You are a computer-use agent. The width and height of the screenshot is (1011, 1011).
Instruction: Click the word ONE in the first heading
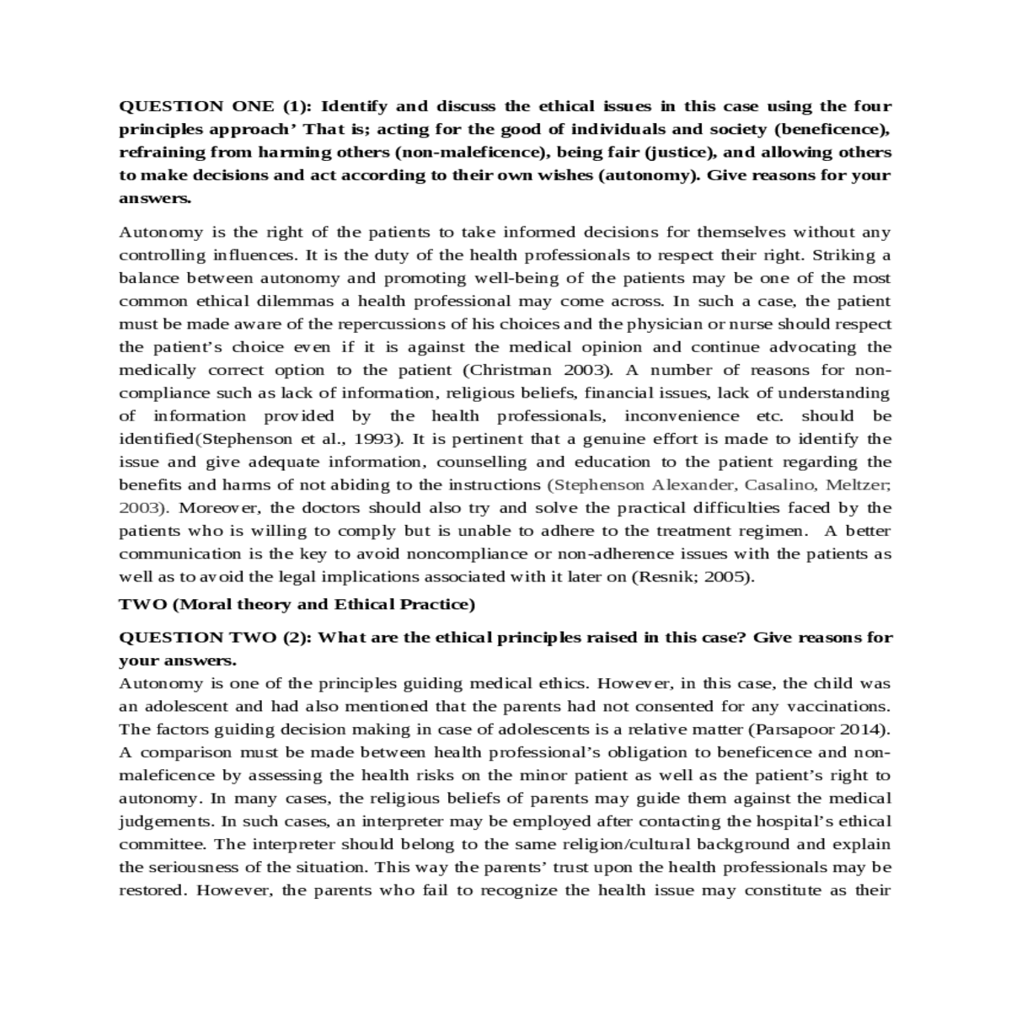tap(252, 106)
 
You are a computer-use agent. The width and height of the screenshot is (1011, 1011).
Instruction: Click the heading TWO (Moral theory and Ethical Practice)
tap(297, 604)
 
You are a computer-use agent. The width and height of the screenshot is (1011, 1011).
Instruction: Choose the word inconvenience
tap(682, 416)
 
